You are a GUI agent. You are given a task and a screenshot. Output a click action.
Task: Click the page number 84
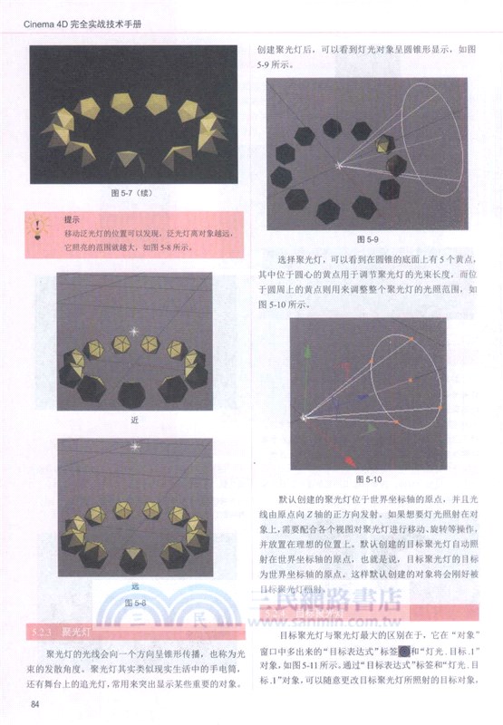(x=35, y=704)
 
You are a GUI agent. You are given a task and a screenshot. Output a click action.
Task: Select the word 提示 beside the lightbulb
(x=73, y=219)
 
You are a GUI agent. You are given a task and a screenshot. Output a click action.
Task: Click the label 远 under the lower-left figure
(x=134, y=586)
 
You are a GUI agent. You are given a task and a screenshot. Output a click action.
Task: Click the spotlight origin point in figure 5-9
(x=340, y=165)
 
